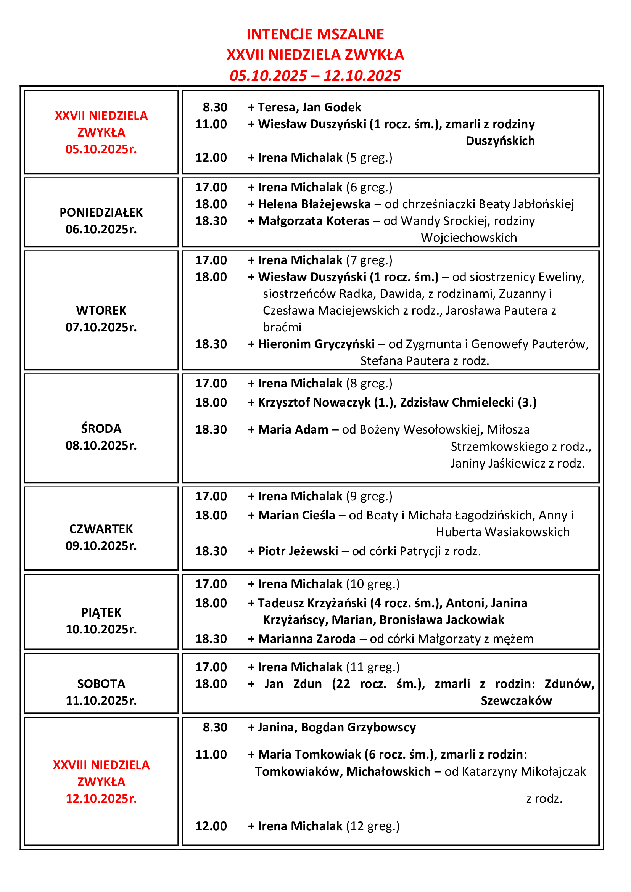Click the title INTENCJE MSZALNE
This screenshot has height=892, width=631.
[x=315, y=34]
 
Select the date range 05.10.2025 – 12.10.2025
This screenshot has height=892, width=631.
[x=315, y=76]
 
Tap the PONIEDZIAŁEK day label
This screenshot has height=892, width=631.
[x=101, y=212]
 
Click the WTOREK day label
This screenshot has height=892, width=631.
[x=101, y=310]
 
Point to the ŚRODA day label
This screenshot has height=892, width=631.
[x=101, y=429]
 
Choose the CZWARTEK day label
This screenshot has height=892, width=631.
[x=101, y=529]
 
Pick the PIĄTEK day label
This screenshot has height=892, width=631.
[x=101, y=612]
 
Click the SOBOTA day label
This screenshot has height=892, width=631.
[x=101, y=683]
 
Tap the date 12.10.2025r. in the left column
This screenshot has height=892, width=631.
[x=101, y=798]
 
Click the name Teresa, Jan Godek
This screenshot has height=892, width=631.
[x=309, y=107]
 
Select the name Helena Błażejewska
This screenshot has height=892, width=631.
[x=314, y=204]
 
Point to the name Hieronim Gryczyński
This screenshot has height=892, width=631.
[x=316, y=344]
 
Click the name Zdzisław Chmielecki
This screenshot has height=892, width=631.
[x=457, y=402]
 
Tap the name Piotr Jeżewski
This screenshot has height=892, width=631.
[x=298, y=551]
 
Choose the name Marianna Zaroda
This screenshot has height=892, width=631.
[x=307, y=639]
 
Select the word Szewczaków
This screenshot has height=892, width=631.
[x=516, y=701]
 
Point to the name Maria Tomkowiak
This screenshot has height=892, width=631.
[x=309, y=754]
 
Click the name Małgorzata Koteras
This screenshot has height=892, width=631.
[x=314, y=221]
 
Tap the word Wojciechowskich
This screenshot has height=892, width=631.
[x=469, y=237]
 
